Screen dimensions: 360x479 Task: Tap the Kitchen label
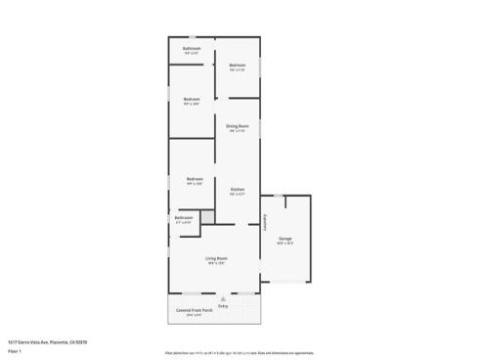coord(238,189)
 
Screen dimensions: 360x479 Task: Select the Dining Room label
coord(238,126)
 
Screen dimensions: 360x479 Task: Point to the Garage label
coord(285,238)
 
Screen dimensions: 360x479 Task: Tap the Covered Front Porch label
coord(195,309)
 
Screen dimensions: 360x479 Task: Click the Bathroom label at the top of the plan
coord(192,48)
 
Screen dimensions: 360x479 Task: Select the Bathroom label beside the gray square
coord(184,218)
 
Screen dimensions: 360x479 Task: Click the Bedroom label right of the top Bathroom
coord(237,66)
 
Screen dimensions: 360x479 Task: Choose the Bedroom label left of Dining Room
coord(192,99)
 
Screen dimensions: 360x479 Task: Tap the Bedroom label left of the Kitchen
coord(195,179)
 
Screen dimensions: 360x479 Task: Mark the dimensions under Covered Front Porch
coord(195,314)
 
